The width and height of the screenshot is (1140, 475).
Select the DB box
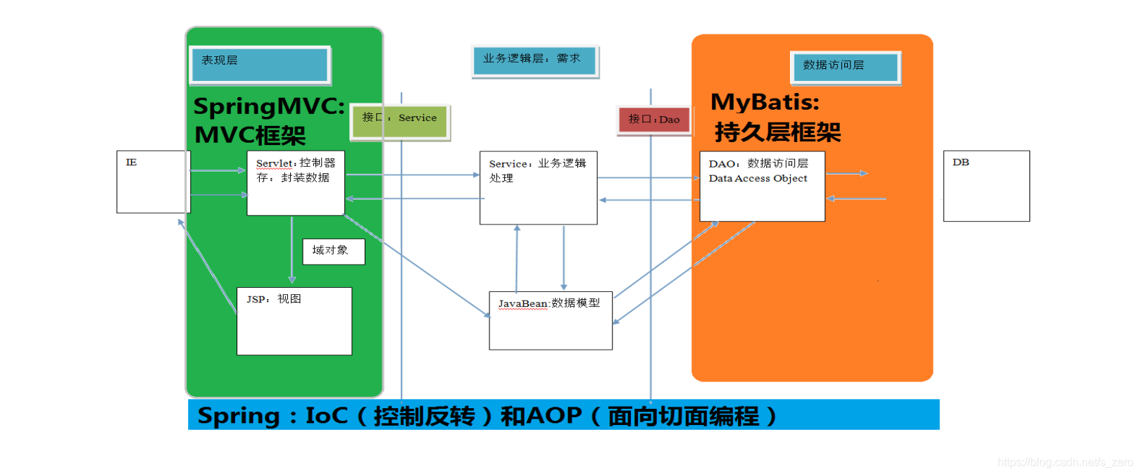pos(986,186)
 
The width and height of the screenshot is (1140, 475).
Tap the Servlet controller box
pos(296,183)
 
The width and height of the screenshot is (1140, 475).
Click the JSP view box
pos(294,321)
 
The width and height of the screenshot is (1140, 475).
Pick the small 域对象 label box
pos(334,251)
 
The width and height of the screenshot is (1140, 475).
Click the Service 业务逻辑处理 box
pos(538,188)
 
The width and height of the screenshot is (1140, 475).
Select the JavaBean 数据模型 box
pos(551,321)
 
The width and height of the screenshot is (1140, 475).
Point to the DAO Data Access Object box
pos(762,186)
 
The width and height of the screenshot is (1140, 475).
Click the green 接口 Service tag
pos(400,121)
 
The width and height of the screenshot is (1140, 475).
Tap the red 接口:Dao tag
pos(653,120)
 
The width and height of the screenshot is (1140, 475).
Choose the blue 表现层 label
pos(260,65)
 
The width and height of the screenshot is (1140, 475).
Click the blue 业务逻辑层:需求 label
pos(534,61)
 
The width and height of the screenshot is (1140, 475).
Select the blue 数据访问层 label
pos(845,68)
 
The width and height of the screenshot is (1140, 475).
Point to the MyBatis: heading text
pos(765,102)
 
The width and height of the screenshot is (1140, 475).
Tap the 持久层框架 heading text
pos(777,132)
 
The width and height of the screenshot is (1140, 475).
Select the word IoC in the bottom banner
pos(327,415)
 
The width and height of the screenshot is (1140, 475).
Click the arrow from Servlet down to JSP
pos(292,250)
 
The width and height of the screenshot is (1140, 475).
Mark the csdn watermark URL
pos(1065,462)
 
